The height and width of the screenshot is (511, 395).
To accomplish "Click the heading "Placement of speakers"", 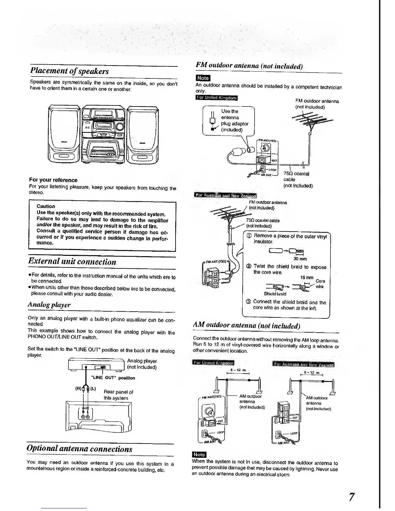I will (x=69, y=71).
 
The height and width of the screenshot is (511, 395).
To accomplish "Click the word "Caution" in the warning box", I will (x=46, y=206).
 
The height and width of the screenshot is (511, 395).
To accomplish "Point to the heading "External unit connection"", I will (x=72, y=261).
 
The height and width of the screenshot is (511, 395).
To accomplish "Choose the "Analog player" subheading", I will (x=49, y=305).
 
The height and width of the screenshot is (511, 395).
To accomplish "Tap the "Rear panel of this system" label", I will (x=118, y=395).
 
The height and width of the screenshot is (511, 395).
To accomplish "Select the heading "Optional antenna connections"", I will (x=79, y=449).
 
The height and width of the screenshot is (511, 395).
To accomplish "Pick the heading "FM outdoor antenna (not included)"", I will (x=249, y=66).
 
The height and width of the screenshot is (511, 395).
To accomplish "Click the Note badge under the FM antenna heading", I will (x=203, y=78).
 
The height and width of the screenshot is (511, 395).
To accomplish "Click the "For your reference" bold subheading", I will (x=53, y=180).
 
